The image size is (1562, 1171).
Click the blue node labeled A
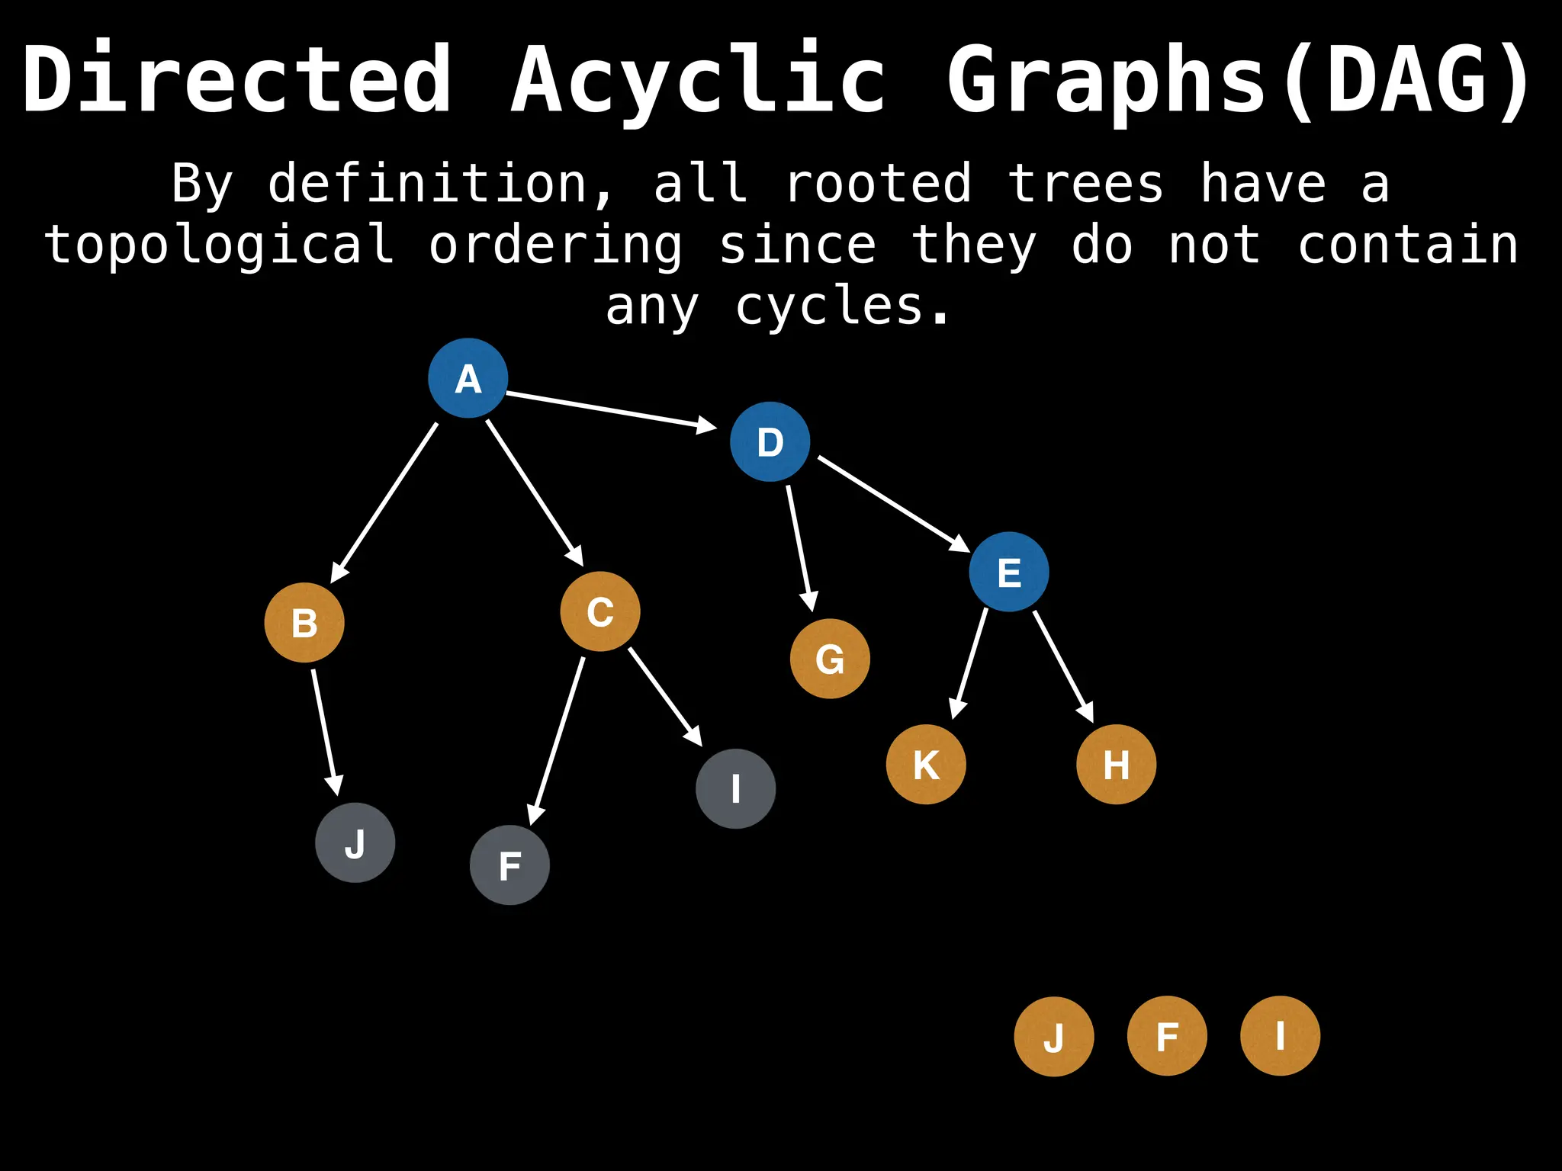[468, 378]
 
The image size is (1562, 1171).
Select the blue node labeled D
[770, 441]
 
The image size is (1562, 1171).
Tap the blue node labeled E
[1009, 572]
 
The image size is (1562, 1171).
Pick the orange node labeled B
[304, 623]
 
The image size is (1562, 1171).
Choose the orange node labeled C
[600, 611]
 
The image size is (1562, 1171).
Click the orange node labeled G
[830, 659]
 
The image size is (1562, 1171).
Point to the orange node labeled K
[926, 764]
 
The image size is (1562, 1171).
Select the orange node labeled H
[1116, 764]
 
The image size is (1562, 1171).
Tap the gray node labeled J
[355, 842]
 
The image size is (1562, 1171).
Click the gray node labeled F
[509, 865]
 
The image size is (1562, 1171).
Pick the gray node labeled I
[736, 788]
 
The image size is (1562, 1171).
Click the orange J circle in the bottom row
[1054, 1037]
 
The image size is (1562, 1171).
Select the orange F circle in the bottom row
[1167, 1036]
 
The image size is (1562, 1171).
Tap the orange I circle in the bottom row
[1280, 1036]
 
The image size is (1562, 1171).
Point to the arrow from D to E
[892, 503]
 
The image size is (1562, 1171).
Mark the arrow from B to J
[324, 732]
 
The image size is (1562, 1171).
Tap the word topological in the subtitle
[220, 245]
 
